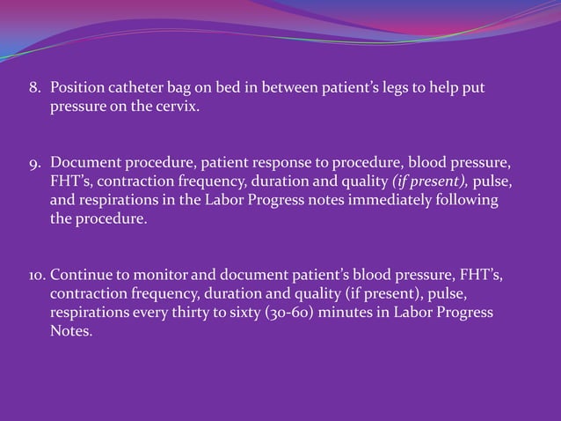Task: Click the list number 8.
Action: point(34,90)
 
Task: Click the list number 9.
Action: point(34,165)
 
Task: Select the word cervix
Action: point(182,107)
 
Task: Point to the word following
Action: point(467,201)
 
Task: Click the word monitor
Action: point(164,277)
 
